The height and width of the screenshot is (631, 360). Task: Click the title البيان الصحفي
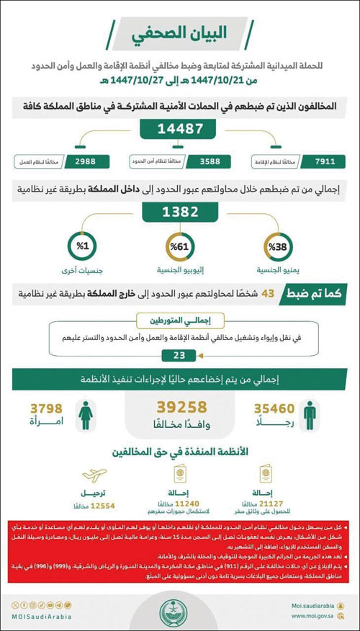pyautogui.click(x=181, y=34)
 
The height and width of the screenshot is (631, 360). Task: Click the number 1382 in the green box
pyautogui.click(x=180, y=212)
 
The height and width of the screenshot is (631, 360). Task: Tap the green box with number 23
pyautogui.click(x=180, y=354)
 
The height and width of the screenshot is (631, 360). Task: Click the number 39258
pyautogui.click(x=179, y=406)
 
